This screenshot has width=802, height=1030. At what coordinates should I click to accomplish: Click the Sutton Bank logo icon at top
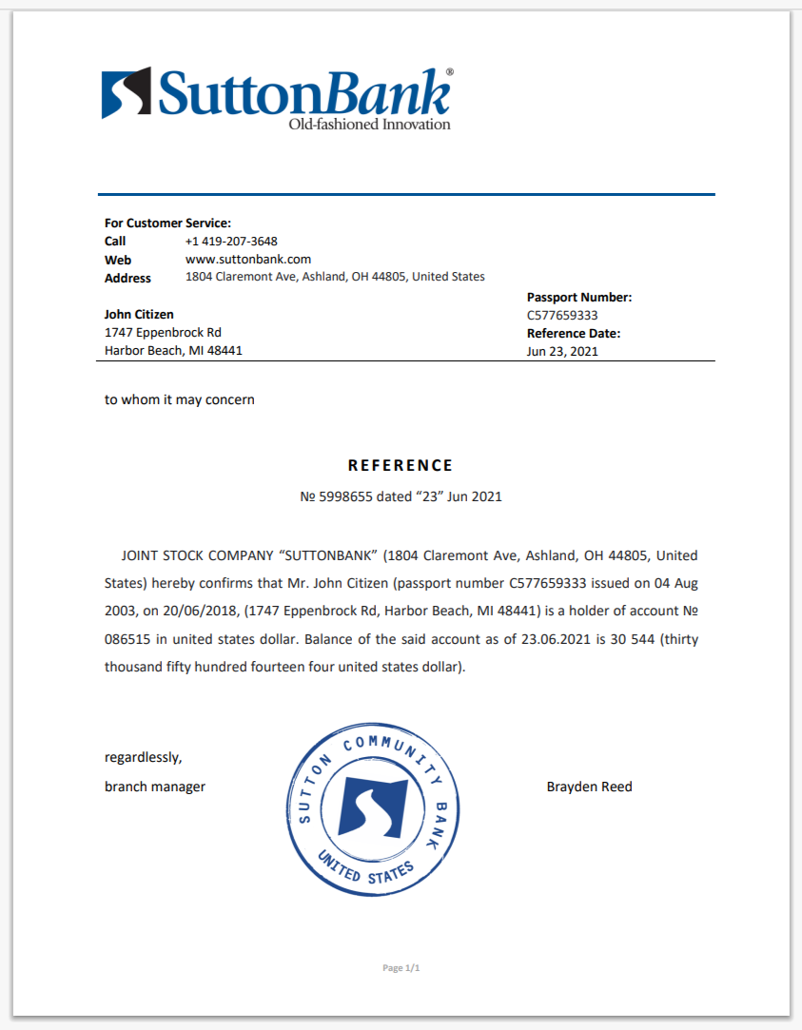click(126, 92)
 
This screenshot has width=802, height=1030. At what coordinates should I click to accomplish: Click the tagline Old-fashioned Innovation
click(369, 125)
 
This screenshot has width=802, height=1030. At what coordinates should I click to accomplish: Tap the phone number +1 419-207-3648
click(231, 242)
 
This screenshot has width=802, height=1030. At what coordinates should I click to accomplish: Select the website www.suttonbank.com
click(248, 260)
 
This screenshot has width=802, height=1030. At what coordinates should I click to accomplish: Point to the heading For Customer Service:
click(167, 223)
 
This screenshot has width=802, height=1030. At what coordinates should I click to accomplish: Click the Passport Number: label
click(579, 298)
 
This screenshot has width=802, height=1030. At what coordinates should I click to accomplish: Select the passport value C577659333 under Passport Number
click(562, 316)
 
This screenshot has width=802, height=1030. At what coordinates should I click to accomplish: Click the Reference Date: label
click(574, 334)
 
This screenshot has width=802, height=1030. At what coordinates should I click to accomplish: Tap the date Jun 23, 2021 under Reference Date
click(562, 352)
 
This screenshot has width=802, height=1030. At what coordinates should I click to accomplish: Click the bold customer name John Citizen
click(139, 315)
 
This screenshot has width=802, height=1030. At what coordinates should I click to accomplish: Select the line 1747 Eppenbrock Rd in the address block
click(163, 333)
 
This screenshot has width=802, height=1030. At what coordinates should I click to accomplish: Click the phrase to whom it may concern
click(180, 399)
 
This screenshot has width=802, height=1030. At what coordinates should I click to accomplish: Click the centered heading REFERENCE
click(401, 466)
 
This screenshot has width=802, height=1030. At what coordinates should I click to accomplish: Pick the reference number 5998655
click(346, 496)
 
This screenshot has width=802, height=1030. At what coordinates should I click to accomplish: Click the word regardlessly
click(143, 758)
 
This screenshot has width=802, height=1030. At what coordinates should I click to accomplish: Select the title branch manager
click(155, 787)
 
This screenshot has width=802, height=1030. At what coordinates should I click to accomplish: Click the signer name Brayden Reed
click(590, 787)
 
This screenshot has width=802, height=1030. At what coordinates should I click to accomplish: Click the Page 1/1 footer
click(401, 968)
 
